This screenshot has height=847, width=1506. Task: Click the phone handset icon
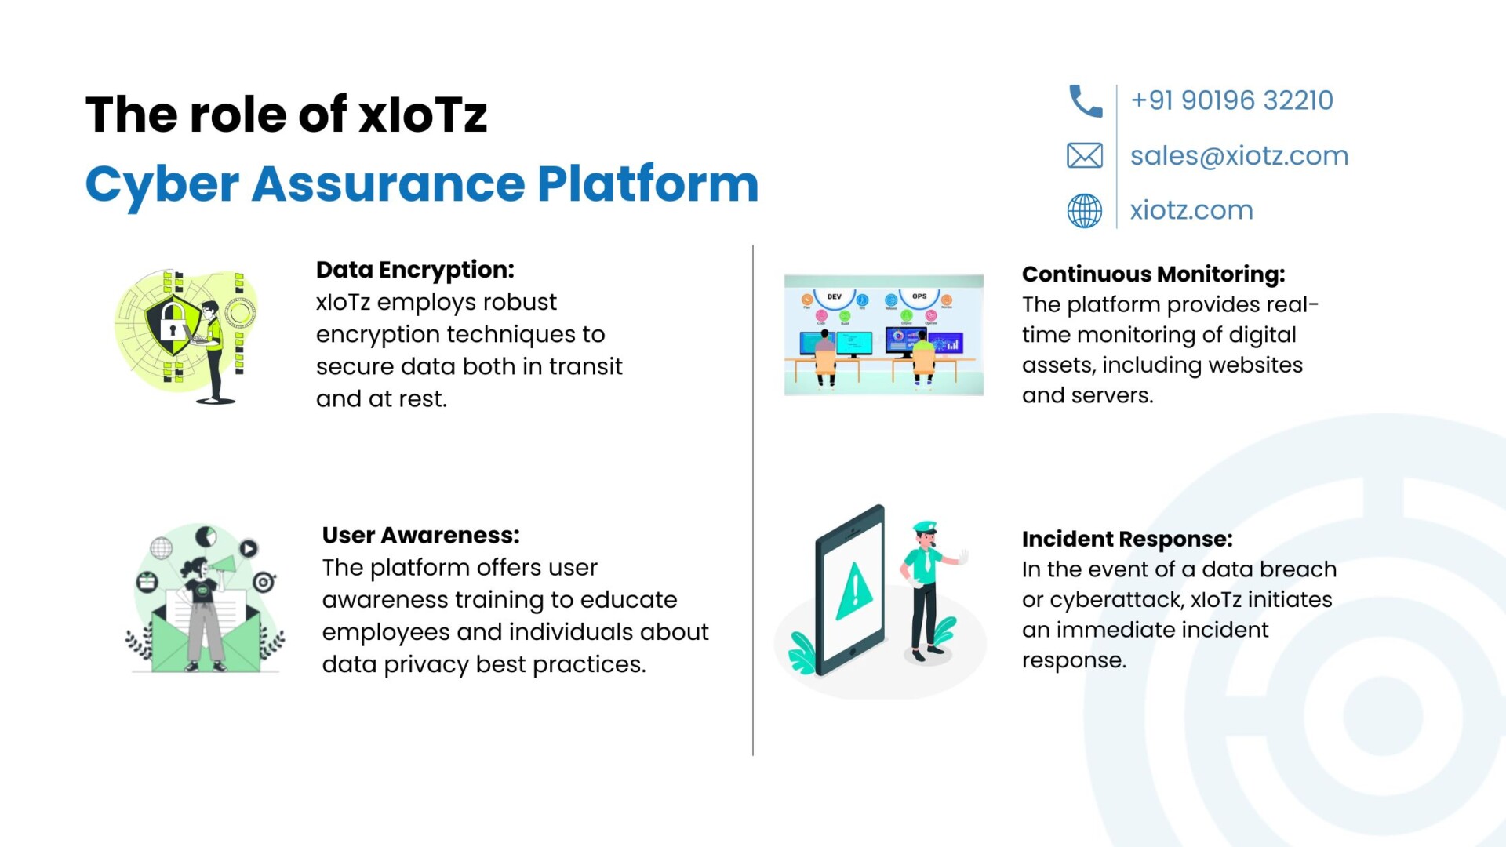(x=1086, y=101)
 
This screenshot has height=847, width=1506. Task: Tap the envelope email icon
(x=1085, y=155)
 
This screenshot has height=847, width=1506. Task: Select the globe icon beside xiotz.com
(x=1085, y=211)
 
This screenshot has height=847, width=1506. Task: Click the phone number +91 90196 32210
(x=1231, y=100)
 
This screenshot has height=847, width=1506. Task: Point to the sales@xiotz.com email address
(x=1239, y=155)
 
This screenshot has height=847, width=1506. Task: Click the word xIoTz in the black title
(x=423, y=115)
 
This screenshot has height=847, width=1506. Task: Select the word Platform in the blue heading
(x=648, y=184)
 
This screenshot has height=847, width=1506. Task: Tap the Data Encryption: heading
(x=415, y=269)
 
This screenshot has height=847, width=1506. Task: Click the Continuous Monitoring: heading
(x=1153, y=274)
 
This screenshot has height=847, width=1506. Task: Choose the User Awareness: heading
(x=420, y=535)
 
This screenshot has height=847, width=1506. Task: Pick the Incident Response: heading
(x=1127, y=539)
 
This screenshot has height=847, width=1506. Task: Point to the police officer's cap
(x=925, y=527)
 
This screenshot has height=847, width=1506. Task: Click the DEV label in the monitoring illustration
(x=835, y=296)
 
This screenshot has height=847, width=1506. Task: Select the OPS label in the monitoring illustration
(x=919, y=296)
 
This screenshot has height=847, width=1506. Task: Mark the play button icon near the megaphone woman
(x=248, y=548)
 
